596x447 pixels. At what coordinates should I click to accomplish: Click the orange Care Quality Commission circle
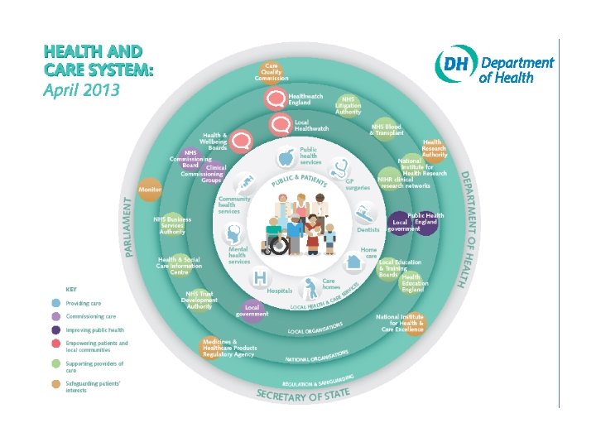[271, 70]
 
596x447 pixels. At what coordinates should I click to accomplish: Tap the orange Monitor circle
[150, 189]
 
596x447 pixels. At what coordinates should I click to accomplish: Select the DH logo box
[456, 64]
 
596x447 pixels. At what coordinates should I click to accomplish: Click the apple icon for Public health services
[286, 156]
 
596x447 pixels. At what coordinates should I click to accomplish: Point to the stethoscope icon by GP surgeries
[339, 169]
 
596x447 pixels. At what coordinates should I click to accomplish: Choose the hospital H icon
[261, 276]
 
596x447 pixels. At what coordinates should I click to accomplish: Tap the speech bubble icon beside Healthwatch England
[275, 99]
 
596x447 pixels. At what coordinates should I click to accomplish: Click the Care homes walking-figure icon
[310, 287]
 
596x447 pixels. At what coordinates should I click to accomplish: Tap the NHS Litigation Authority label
[348, 105]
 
